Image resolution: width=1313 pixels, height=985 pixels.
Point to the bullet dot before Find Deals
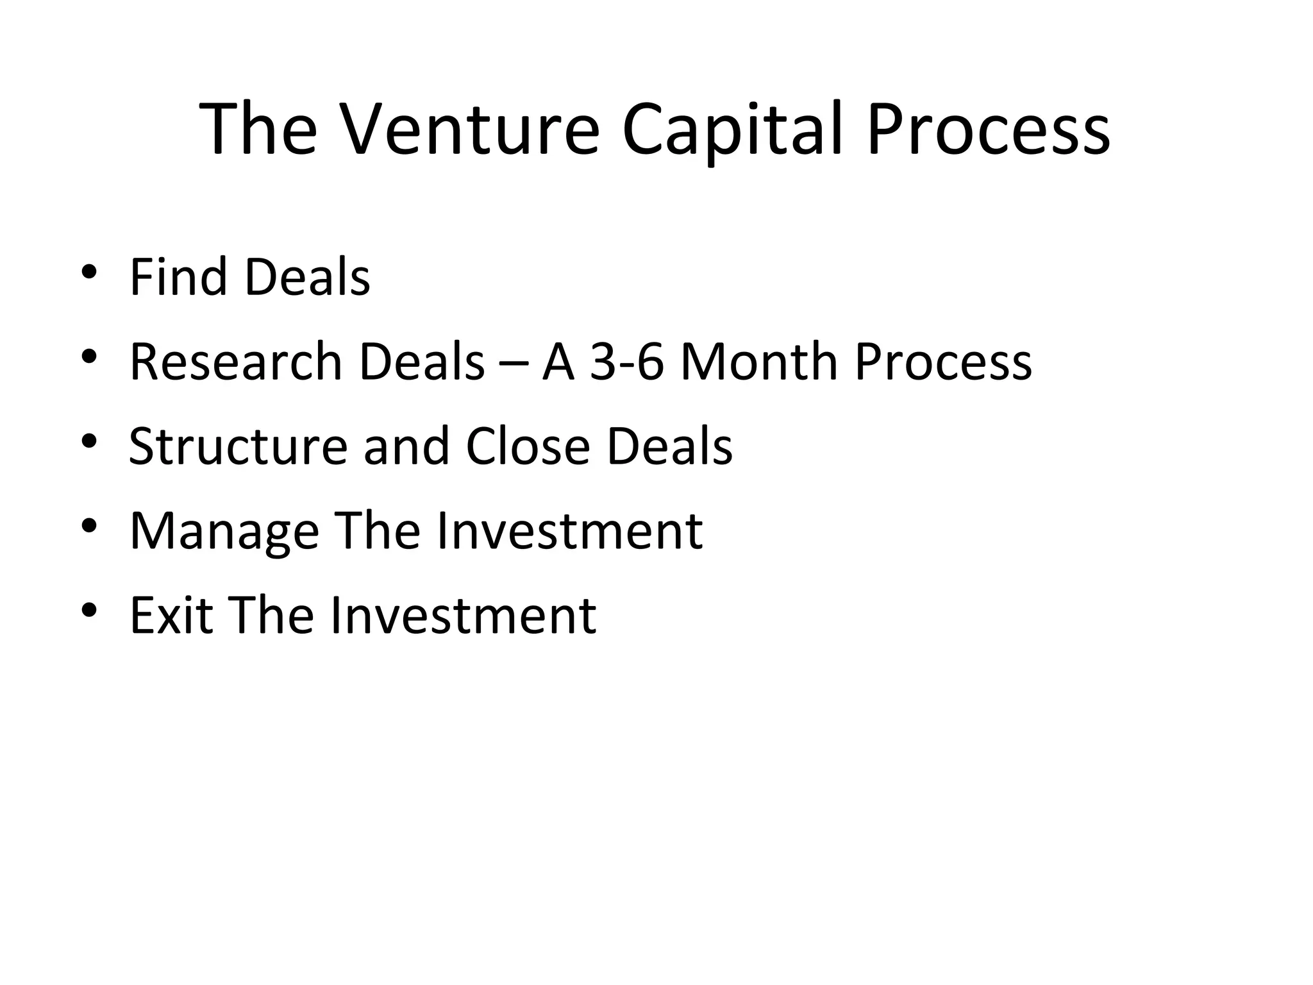[89, 271]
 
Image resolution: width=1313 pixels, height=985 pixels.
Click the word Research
[235, 362]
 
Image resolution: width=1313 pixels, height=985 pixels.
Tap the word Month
[758, 362]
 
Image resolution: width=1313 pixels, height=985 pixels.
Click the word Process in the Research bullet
[943, 362]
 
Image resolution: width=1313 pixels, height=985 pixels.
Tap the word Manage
[224, 532]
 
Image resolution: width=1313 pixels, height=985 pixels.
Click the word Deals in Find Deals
[307, 276]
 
